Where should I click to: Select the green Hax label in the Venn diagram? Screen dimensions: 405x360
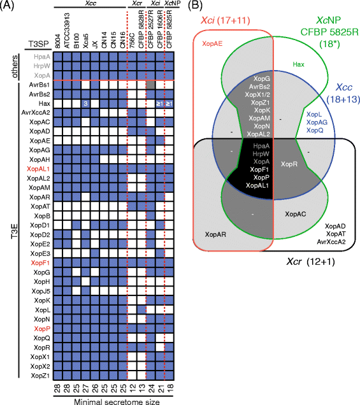pyautogui.click(x=298, y=64)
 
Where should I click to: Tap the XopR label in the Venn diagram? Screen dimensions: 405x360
pyautogui.click(x=289, y=164)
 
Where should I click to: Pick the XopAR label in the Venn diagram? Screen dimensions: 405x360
pyautogui.click(x=216, y=234)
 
